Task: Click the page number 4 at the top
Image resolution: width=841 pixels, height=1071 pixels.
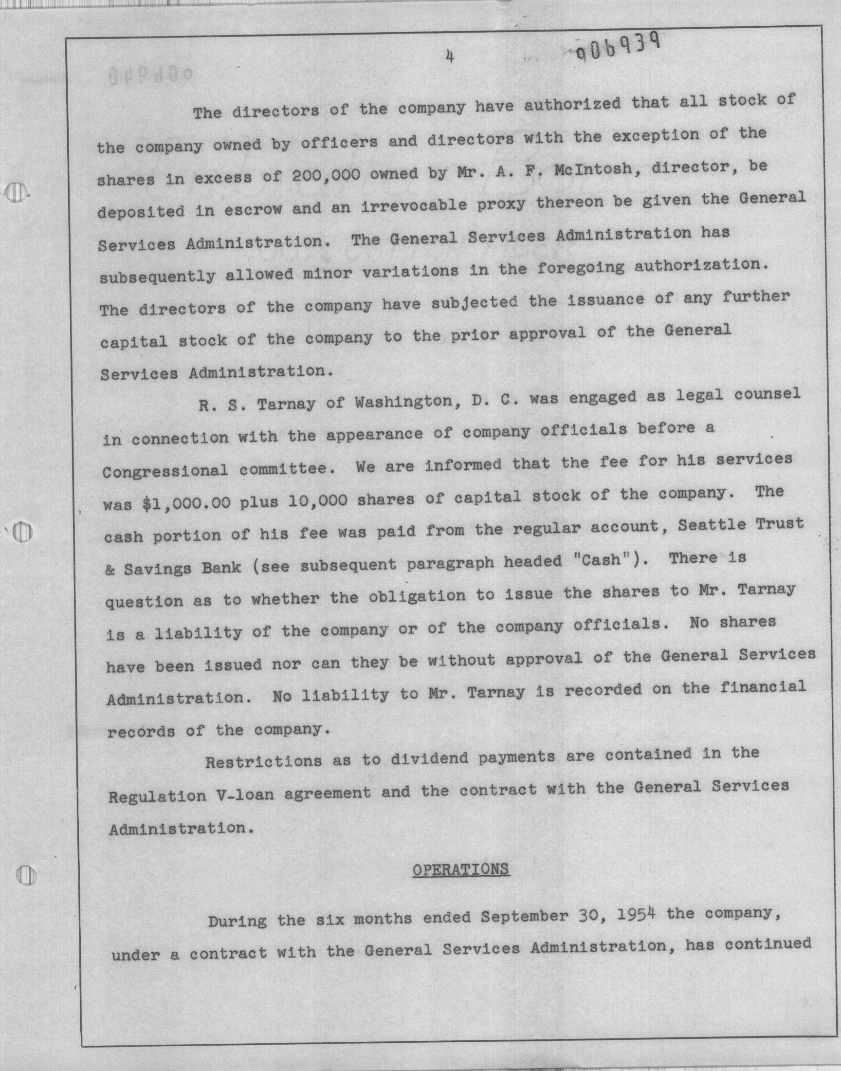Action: (449, 57)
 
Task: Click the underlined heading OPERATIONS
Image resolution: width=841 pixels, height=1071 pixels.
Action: (460, 869)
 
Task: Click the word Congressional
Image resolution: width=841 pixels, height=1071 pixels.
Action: (165, 471)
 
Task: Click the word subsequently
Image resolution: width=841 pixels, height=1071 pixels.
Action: (158, 276)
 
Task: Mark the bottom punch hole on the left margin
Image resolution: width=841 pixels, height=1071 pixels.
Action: (23, 874)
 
